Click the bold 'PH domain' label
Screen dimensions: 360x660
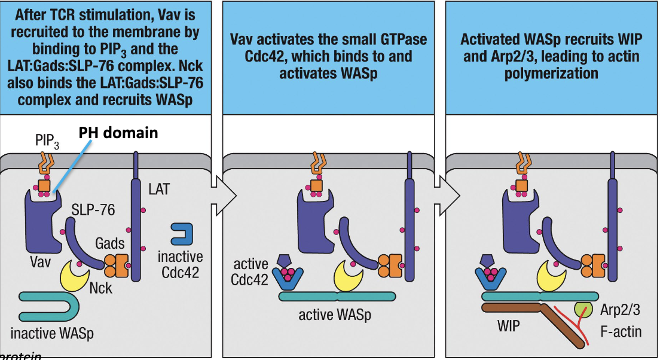pos(119,132)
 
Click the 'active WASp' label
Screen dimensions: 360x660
pos(335,315)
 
